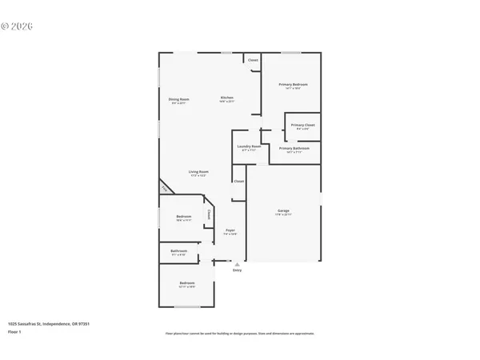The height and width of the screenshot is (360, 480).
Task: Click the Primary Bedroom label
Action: (293, 84)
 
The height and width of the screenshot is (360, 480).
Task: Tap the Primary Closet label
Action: (302, 125)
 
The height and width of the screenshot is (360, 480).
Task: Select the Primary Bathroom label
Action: (294, 148)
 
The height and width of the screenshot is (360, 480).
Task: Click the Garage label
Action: (283, 211)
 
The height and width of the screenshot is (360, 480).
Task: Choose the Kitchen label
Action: (227, 98)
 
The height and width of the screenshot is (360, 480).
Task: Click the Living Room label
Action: (198, 171)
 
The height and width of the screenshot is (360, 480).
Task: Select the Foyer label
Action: (230, 230)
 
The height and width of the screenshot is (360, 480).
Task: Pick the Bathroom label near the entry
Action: (178, 251)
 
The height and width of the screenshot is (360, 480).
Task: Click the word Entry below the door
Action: (237, 270)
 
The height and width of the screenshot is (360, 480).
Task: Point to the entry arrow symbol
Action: (237, 264)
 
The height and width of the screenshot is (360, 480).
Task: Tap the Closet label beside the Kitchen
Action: (253, 60)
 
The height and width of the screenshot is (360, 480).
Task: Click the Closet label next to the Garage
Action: (238, 181)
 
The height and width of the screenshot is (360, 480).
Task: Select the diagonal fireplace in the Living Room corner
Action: (166, 189)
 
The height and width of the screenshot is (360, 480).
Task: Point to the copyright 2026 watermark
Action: (16, 26)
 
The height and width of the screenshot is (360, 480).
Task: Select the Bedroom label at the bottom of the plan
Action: (186, 284)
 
